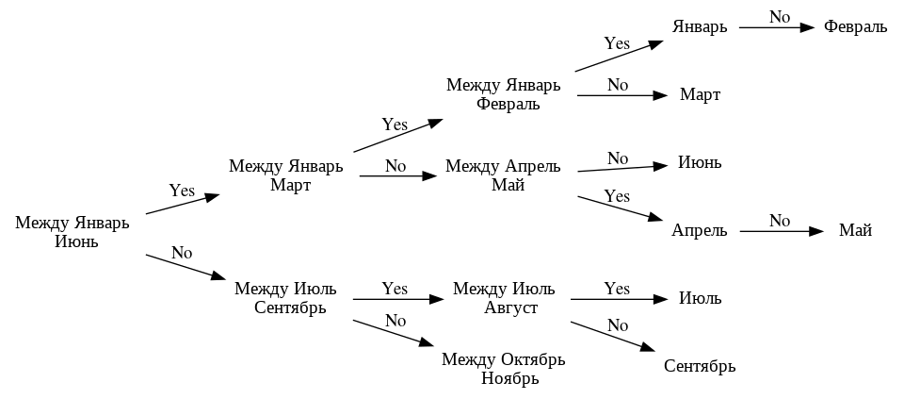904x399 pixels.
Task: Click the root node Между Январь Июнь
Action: click(72, 232)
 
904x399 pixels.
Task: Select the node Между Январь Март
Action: click(286, 175)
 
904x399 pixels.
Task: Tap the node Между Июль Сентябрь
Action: click(290, 298)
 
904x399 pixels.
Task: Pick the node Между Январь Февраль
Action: click(503, 94)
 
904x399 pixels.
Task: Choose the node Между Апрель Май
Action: click(503, 175)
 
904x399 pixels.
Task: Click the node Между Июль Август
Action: click(504, 298)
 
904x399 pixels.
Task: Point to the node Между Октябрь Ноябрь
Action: click(503, 369)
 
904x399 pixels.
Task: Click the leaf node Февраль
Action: click(855, 27)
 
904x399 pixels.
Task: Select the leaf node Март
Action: click(700, 95)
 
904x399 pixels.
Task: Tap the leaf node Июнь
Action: click(700, 162)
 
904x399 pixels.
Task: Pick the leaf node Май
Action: click(855, 230)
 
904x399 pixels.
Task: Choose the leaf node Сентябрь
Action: click(700, 366)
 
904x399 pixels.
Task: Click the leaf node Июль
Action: click(700, 299)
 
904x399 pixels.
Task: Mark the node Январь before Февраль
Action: click(700, 27)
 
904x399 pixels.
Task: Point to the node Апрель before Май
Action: click(700, 230)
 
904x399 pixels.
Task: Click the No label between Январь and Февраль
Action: click(779, 17)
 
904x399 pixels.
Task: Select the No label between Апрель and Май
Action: click(779, 220)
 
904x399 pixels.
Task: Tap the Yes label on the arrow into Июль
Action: click(617, 288)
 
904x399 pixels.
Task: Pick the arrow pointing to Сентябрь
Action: click(612, 337)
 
